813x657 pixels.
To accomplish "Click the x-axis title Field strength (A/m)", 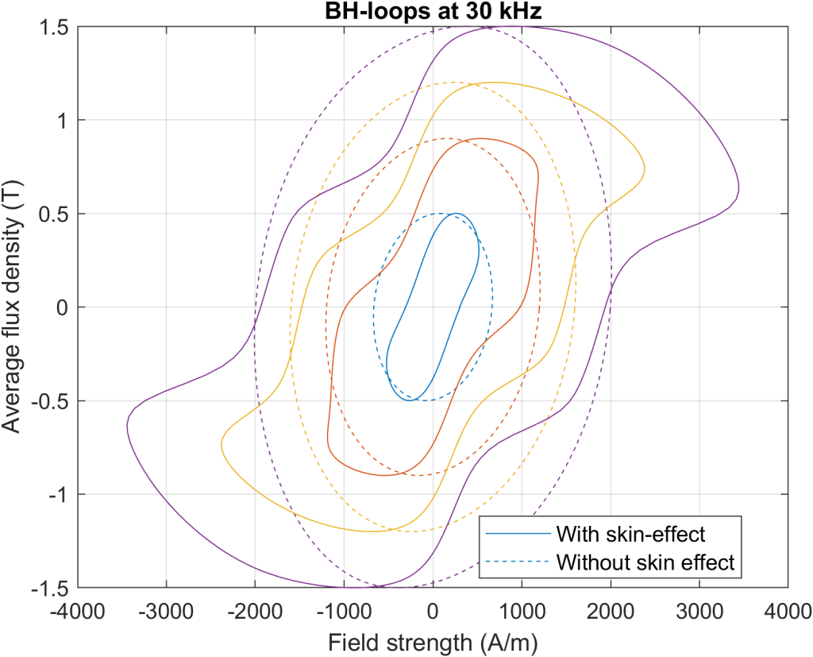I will pyautogui.click(x=433, y=640).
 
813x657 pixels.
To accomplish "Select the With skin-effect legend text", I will pyautogui.click(x=631, y=532).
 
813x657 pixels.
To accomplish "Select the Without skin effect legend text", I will pyautogui.click(x=647, y=562).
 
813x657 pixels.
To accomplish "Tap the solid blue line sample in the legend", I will pyautogui.click(x=516, y=532).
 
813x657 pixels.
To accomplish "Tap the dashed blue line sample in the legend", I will pyautogui.click(x=516, y=562).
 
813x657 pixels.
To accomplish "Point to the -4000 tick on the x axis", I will pyautogui.click(x=78, y=588).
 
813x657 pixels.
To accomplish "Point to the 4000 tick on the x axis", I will pyautogui.click(x=788, y=588).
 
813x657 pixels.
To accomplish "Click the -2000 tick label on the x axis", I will pyautogui.click(x=255, y=611).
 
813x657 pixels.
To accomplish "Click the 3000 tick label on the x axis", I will pyautogui.click(x=699, y=611).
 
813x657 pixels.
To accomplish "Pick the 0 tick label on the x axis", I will pyautogui.click(x=433, y=611).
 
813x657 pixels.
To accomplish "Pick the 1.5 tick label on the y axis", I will pyautogui.click(x=54, y=27).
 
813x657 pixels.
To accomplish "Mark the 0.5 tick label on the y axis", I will pyautogui.click(x=54, y=214).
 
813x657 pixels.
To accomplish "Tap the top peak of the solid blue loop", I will pyautogui.click(x=456, y=214).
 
